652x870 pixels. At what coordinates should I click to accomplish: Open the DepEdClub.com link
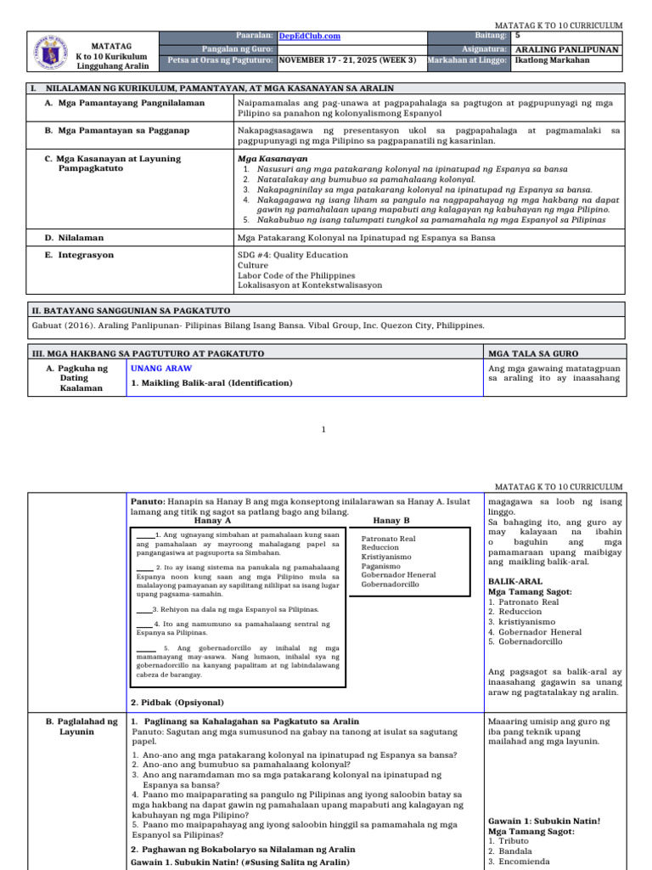tap(309, 37)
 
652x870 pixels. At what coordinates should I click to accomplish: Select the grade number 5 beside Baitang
tap(518, 36)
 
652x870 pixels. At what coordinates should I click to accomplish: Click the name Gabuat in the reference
tap(48, 325)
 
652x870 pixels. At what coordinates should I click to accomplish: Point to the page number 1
tap(323, 430)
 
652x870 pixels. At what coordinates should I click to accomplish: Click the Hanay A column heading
tap(213, 520)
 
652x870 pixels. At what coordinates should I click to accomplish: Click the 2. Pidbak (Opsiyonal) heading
tap(177, 703)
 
